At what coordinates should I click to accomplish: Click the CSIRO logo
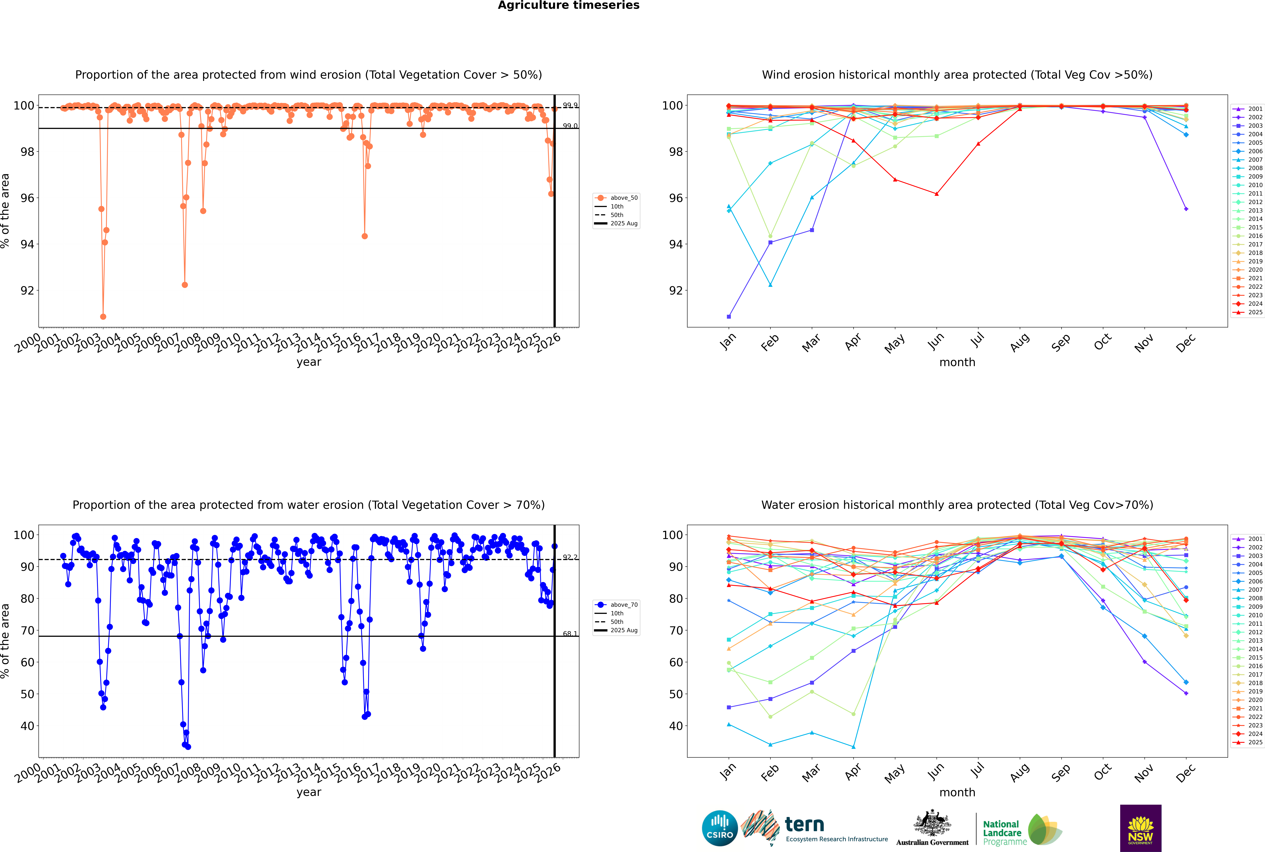(x=719, y=828)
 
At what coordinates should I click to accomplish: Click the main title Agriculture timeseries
(x=568, y=5)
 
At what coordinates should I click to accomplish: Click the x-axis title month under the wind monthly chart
(x=957, y=362)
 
